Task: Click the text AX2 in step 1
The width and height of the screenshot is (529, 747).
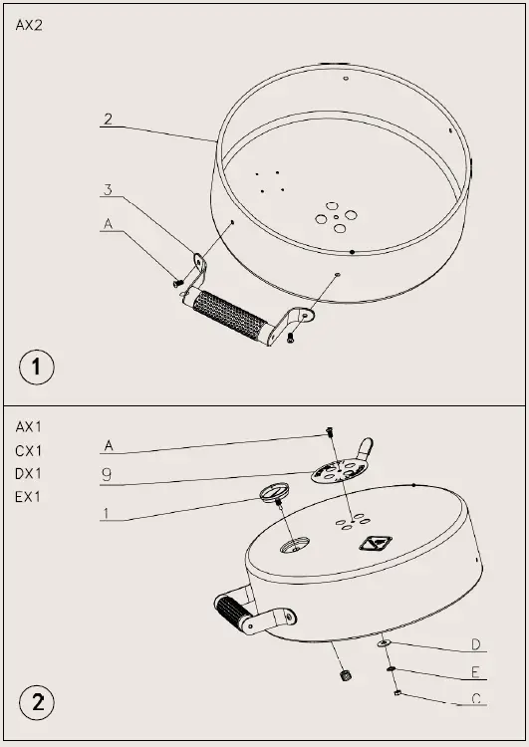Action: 29,27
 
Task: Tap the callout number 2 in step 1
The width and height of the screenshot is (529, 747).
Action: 107,121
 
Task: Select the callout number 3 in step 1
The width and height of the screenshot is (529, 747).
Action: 107,189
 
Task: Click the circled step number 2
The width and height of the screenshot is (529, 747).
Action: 37,702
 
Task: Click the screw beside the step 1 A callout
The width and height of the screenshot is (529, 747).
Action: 178,283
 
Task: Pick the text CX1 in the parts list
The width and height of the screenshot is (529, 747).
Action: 29,449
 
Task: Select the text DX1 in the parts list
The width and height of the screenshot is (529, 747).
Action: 29,473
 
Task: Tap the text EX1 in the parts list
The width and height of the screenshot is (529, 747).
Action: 29,496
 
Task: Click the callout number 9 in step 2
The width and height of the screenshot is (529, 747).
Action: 107,475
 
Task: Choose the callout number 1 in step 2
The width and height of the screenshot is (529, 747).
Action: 107,513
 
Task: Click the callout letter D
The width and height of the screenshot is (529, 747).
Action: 476,644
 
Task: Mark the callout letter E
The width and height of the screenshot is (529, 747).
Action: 476,671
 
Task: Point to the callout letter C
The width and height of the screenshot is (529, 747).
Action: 476,698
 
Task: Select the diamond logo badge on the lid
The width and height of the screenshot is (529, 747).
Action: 376,544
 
